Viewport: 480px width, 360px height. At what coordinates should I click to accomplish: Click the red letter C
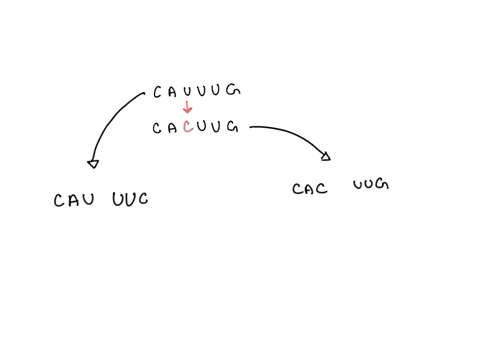pyautogui.click(x=187, y=128)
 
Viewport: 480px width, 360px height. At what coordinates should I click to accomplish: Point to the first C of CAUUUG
pyautogui.click(x=157, y=93)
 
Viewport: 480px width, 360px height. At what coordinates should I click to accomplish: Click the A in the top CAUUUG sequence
pyautogui.click(x=172, y=93)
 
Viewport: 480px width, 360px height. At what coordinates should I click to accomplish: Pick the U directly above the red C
pyautogui.click(x=187, y=93)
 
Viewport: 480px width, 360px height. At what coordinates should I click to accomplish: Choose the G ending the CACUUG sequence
pyautogui.click(x=232, y=127)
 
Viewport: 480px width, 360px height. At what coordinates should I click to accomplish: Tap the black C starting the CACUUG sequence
pyautogui.click(x=157, y=129)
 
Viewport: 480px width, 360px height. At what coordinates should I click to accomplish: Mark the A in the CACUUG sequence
pyautogui.click(x=172, y=129)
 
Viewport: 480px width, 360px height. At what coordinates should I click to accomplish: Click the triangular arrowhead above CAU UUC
pyautogui.click(x=92, y=163)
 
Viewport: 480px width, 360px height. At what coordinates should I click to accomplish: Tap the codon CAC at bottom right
pyautogui.click(x=311, y=188)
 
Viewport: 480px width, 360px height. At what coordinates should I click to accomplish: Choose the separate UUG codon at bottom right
pyautogui.click(x=369, y=185)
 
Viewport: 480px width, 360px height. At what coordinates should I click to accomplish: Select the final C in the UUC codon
pyautogui.click(x=143, y=200)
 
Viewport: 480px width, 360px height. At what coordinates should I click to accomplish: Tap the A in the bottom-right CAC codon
pyautogui.click(x=311, y=188)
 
